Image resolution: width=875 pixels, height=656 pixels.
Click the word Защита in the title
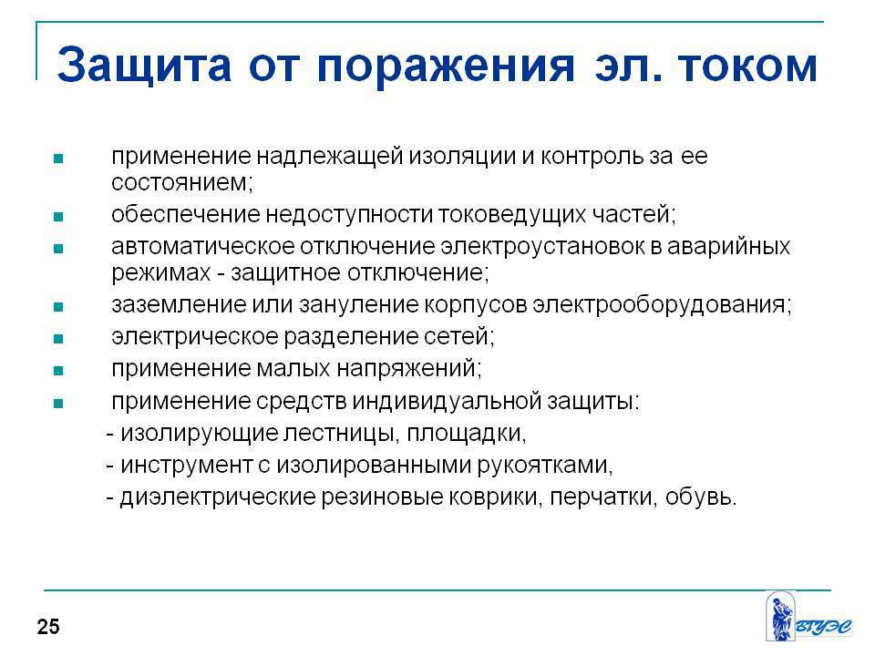click(144, 66)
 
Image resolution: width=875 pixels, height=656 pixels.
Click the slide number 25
click(48, 627)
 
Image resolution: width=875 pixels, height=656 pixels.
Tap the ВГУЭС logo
click(809, 617)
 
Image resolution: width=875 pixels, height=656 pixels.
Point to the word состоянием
click(182, 182)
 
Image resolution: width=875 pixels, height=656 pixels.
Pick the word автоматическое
click(202, 246)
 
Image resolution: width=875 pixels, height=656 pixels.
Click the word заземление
click(179, 304)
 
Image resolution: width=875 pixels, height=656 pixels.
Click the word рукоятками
click(545, 466)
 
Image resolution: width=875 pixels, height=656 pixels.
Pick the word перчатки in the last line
click(602, 497)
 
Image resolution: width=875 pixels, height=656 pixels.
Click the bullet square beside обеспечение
click(58, 217)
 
